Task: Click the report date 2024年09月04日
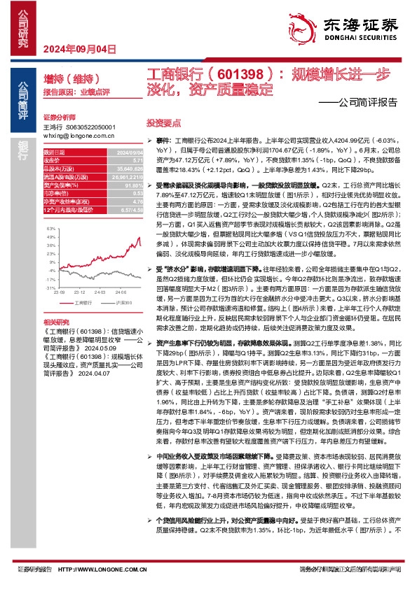[78, 49]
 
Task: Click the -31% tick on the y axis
[49, 288]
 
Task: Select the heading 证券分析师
[59, 118]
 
